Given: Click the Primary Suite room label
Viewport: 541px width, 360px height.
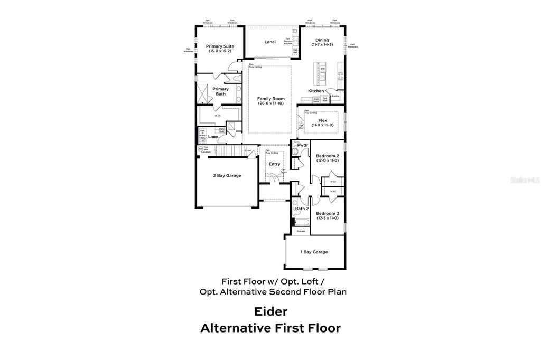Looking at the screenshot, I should coord(220,46).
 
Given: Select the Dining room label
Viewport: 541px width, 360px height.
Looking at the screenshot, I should coord(322,40).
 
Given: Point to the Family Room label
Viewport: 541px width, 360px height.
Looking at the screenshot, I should coord(271,99).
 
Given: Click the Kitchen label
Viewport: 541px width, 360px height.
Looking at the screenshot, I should coord(316,91).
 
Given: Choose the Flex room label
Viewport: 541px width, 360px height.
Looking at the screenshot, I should coord(322,120).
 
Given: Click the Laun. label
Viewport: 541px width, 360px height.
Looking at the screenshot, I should coord(213,137).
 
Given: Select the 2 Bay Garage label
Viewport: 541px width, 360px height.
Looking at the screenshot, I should coord(227,175).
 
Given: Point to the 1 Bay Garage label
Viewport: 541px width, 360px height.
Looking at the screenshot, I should coord(314,252).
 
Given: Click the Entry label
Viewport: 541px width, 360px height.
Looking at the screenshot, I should coord(275,164).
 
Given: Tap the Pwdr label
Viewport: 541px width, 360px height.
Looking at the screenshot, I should coord(303,145).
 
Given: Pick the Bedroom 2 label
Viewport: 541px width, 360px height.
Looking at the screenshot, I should coord(328,156).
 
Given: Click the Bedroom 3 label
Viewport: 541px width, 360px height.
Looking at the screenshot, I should coord(328,213).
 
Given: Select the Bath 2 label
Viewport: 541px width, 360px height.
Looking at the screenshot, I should coord(302,209).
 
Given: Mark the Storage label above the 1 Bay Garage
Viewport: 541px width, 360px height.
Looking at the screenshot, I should coord(301,231).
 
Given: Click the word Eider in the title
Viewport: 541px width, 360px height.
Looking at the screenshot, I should coord(270,311).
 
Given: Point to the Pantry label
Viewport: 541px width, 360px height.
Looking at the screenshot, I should coord(335,96).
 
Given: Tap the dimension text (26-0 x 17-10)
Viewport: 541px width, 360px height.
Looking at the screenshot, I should coord(271,103).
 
